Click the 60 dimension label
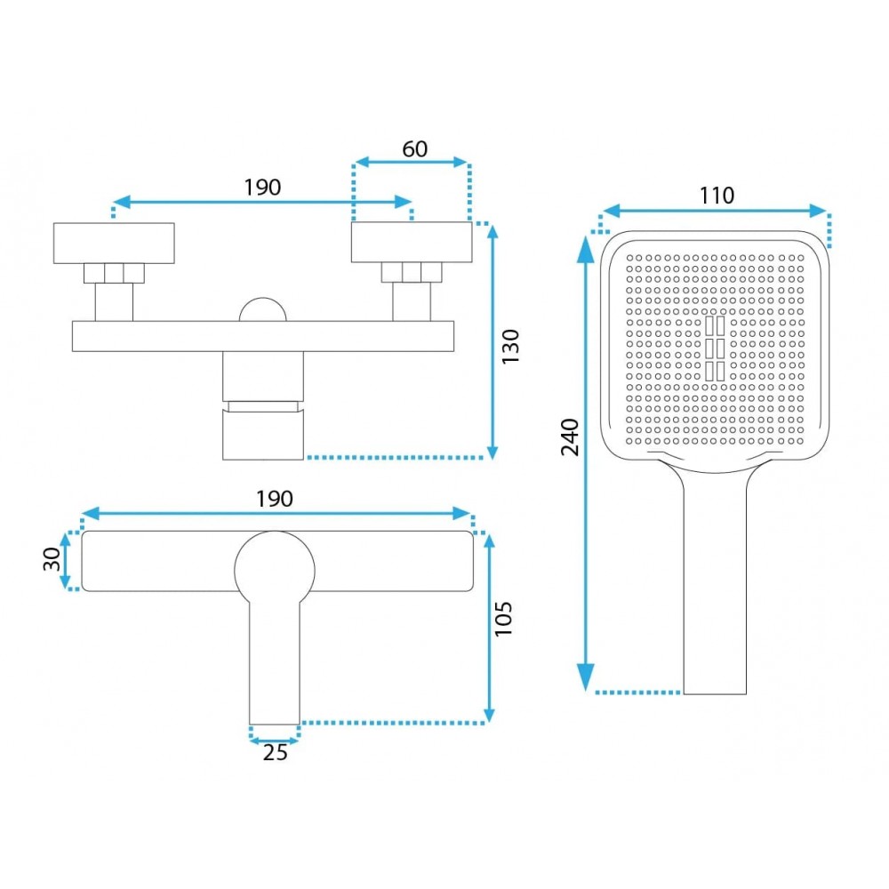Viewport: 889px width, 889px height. click(x=414, y=149)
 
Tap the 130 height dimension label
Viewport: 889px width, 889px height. click(x=510, y=347)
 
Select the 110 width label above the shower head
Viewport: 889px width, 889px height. click(x=717, y=196)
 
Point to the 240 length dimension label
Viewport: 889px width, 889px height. click(x=570, y=437)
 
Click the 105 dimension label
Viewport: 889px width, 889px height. click(x=503, y=619)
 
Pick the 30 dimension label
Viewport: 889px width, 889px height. click(x=52, y=559)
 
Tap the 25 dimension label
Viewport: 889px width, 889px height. click(x=275, y=752)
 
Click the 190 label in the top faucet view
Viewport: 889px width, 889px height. click(x=262, y=187)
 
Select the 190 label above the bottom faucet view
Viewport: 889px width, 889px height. click(x=275, y=499)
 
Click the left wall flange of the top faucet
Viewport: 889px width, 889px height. click(x=114, y=244)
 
